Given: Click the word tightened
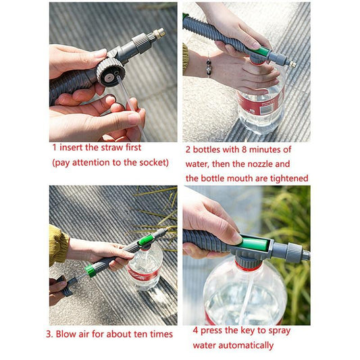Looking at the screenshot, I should click(x=286, y=178).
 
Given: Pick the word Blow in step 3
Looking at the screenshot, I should click(x=72, y=334).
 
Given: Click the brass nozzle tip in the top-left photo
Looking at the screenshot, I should click(x=159, y=33).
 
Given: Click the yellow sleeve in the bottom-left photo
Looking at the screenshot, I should click(x=58, y=245).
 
